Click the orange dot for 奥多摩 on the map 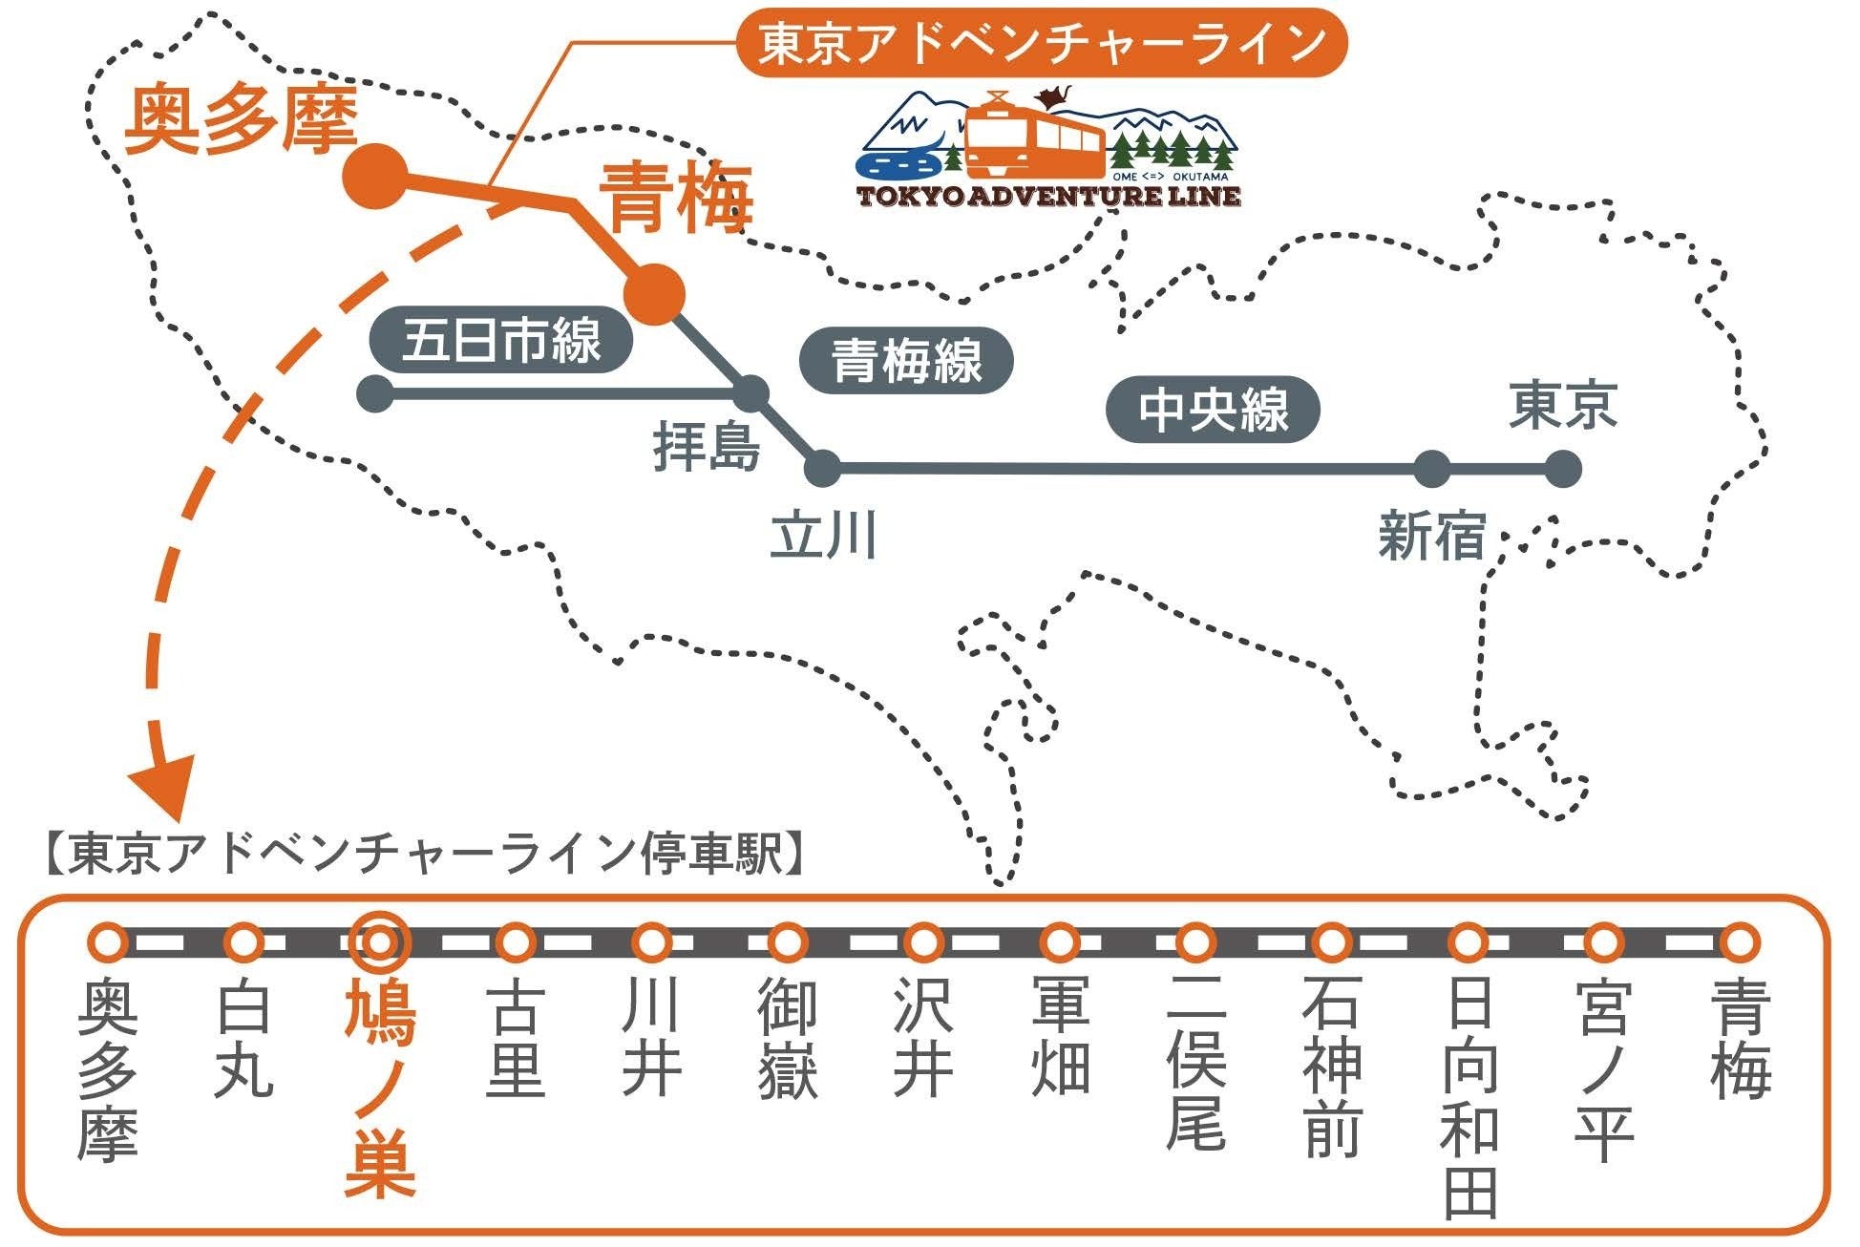point(374,176)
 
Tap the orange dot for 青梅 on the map point(655,292)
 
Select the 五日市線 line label point(501,341)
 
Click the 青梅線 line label point(905,361)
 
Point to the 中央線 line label point(1213,411)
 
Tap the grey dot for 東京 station point(1562,470)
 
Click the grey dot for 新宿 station point(1431,470)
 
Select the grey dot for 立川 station point(823,469)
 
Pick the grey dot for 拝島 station point(751,392)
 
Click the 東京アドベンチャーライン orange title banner point(1041,43)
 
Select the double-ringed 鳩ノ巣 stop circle point(380,942)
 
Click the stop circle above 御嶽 point(788,942)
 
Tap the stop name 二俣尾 point(1195,1065)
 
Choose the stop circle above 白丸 point(243,942)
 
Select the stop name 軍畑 point(1060,1036)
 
